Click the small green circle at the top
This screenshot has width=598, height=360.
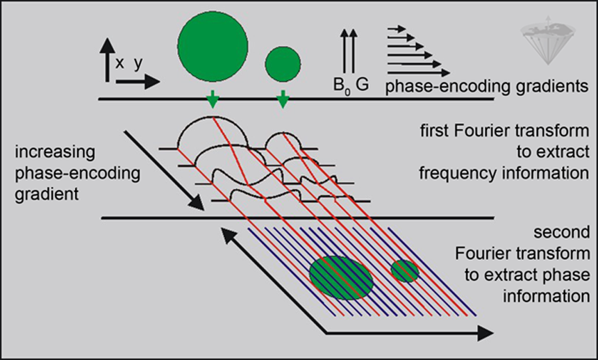pyautogui.click(x=283, y=63)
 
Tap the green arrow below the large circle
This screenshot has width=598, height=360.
pyautogui.click(x=213, y=101)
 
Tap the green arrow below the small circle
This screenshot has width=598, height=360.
pyautogui.click(x=283, y=101)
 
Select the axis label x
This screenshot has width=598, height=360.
pyautogui.click(x=120, y=63)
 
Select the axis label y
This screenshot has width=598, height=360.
pyautogui.click(x=139, y=65)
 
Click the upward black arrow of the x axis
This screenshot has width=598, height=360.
pyautogui.click(x=106, y=59)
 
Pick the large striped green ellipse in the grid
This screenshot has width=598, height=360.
pyautogui.click(x=342, y=277)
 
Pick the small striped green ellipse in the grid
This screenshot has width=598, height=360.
pyautogui.click(x=405, y=270)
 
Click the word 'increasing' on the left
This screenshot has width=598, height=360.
pyautogui.click(x=50, y=151)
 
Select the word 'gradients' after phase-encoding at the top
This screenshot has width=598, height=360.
pyautogui.click(x=551, y=86)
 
